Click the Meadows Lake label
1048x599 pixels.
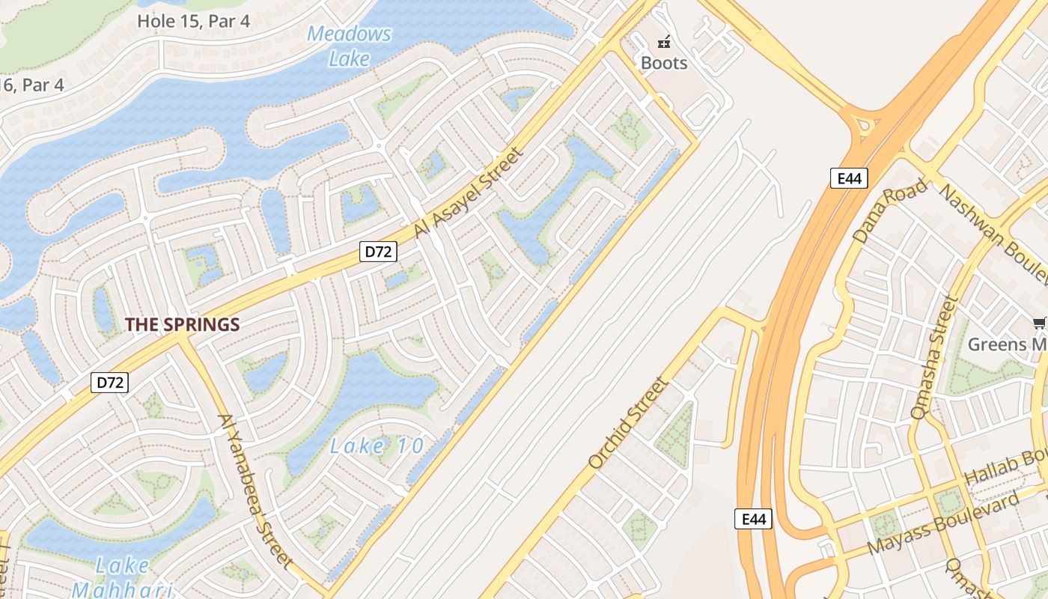[349, 46]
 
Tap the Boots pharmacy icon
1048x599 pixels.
[663, 42]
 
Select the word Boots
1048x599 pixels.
[663, 63]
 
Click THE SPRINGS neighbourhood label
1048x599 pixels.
[182, 325]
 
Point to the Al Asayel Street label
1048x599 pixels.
[466, 193]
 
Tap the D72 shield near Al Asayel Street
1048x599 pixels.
[377, 252]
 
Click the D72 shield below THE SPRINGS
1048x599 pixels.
[110, 383]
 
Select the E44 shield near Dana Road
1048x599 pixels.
[848, 177]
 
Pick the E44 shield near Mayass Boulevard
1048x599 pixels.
[752, 519]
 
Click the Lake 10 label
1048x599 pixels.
[377, 447]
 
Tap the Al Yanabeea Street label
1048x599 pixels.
[255, 490]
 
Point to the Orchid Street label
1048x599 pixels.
[627, 423]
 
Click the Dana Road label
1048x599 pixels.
[889, 210]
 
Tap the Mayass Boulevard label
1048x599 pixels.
[943, 523]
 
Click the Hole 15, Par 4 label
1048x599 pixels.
[193, 21]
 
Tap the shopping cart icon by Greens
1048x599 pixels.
[1039, 323]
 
